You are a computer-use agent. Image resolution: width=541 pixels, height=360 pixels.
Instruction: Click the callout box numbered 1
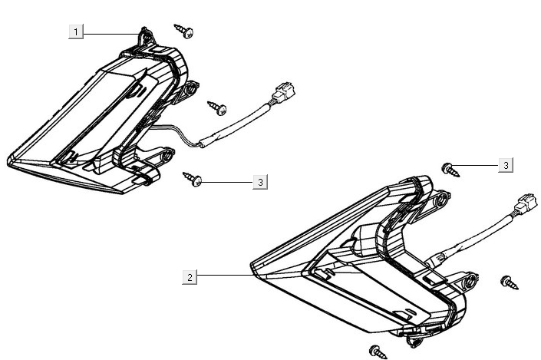coord(76,32)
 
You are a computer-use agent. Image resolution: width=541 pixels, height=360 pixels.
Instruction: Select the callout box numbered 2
coord(190,277)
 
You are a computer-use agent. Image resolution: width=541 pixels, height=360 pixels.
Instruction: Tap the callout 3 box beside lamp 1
coord(260,182)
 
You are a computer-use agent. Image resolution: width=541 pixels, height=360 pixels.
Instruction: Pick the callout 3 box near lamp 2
coord(506,165)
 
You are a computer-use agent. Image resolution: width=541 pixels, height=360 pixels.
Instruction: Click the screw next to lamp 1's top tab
coord(183,31)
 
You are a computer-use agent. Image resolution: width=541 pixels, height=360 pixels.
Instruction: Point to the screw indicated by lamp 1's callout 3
coord(192,179)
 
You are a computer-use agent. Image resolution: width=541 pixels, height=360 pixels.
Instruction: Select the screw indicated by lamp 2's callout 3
coord(450,170)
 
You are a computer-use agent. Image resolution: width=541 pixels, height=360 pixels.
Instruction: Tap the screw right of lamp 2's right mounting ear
coord(510,282)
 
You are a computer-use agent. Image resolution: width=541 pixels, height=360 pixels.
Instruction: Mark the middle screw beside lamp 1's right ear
coord(217,108)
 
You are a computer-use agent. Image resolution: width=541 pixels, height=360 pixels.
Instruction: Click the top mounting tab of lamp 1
coord(147,37)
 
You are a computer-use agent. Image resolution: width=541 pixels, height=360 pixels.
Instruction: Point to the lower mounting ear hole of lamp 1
coord(167,155)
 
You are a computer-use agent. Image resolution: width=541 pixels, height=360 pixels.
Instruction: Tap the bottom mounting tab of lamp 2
coord(415,342)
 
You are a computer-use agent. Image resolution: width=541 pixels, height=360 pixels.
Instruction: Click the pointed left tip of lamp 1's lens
coord(8,161)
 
